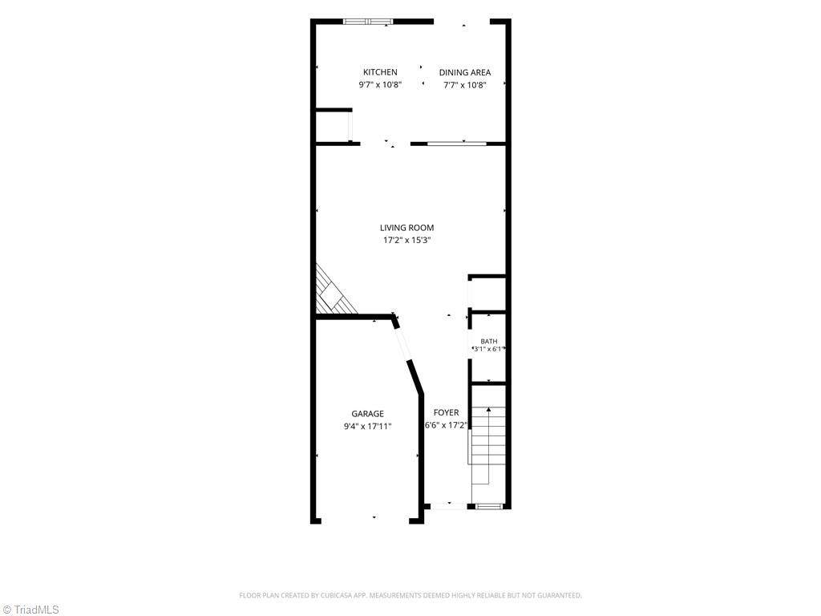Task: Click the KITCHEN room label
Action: pos(380,72)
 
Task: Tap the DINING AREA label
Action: pos(465,72)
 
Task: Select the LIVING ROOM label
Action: pos(406,228)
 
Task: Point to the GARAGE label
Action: pos(367,414)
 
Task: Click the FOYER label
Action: pos(446,413)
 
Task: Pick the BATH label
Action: pos(489,342)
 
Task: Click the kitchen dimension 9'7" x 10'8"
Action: pos(380,85)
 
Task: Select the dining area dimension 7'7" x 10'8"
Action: pos(465,85)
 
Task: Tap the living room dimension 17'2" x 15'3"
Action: pos(406,241)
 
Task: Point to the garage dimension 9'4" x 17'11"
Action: pos(367,427)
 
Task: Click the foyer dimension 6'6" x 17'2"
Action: pos(446,425)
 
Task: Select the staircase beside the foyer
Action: pos(488,445)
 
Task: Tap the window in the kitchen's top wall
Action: pos(368,22)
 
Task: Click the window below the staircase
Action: pos(489,506)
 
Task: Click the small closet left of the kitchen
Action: pos(333,126)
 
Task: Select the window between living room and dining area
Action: pos(456,143)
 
